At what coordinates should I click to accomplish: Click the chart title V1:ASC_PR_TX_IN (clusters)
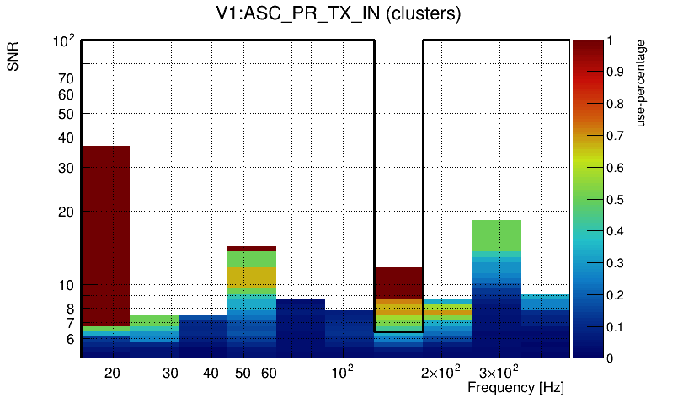(x=338, y=16)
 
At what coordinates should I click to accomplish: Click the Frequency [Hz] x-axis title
(x=515, y=387)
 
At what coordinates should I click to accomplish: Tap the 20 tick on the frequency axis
(x=112, y=372)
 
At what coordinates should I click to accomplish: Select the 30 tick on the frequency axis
(x=171, y=372)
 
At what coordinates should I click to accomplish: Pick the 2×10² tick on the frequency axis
(x=440, y=372)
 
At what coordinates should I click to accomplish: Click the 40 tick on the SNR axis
(x=67, y=137)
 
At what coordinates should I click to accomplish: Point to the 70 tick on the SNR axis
(x=67, y=78)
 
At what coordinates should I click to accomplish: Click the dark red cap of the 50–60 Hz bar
(x=252, y=248)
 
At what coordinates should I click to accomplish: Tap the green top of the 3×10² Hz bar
(x=496, y=235)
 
